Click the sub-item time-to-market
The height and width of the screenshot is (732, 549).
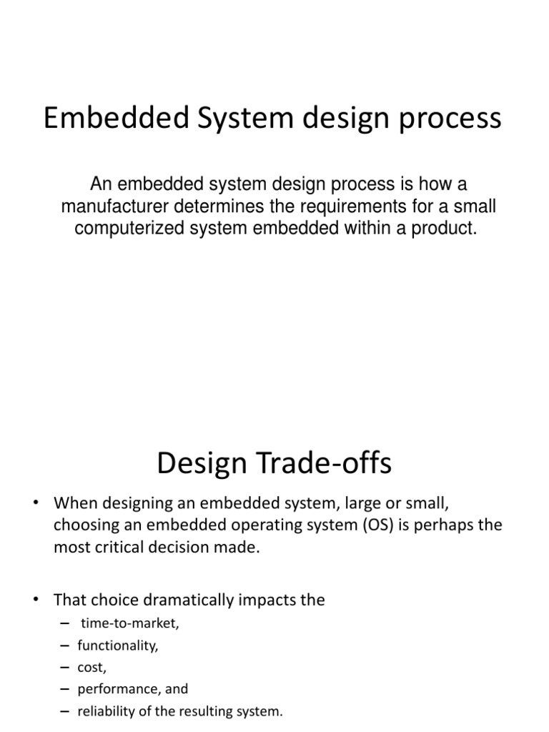pyautogui.click(x=129, y=623)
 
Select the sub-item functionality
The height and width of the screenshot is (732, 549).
pyautogui.click(x=118, y=646)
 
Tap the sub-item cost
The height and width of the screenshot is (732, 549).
pyautogui.click(x=92, y=668)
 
